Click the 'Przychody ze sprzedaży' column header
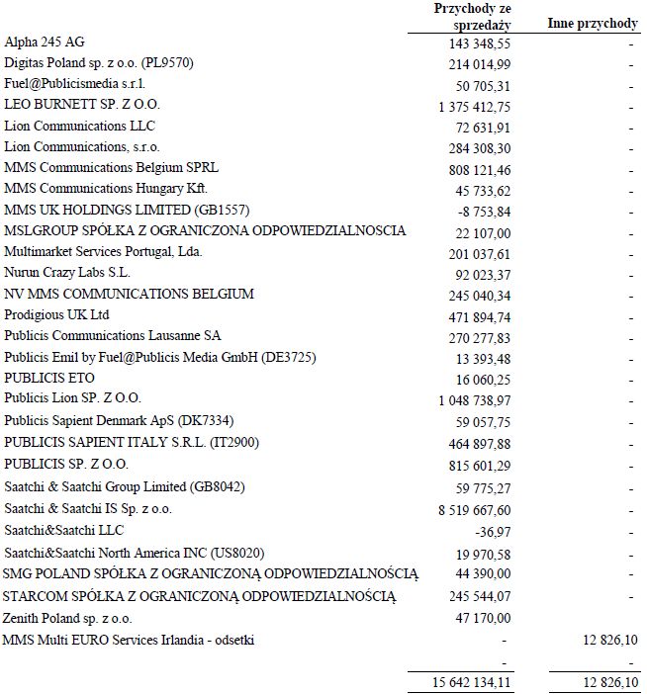(x=472, y=16)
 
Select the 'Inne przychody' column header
(x=592, y=23)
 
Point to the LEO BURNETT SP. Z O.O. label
(x=83, y=105)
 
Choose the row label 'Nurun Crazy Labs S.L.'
(x=66, y=273)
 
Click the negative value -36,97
(x=493, y=531)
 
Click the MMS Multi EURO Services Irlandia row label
(x=129, y=640)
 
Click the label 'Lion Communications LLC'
(x=79, y=126)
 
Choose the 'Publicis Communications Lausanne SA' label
(x=113, y=336)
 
